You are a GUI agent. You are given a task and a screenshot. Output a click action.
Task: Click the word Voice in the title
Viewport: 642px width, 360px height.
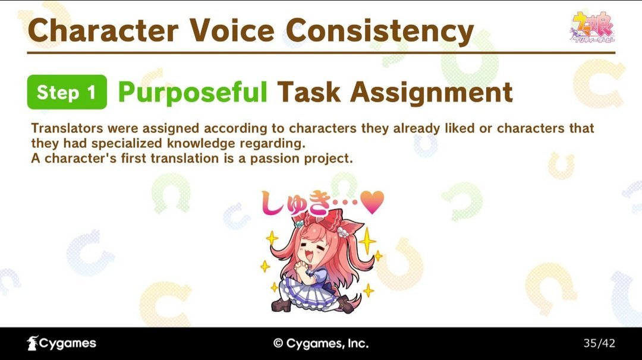232,31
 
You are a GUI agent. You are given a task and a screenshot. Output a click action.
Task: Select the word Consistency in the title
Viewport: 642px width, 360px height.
380,32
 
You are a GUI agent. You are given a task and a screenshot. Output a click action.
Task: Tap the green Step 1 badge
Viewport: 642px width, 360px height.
67,92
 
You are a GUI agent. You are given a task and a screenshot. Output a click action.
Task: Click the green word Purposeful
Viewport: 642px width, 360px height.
193,93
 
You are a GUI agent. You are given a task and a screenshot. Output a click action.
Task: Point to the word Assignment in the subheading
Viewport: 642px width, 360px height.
432,93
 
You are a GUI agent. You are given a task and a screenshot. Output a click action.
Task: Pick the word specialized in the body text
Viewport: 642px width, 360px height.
128,144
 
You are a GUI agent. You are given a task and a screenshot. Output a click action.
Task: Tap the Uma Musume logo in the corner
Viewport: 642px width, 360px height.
592,27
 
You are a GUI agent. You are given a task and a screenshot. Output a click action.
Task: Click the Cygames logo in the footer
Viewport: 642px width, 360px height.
61,343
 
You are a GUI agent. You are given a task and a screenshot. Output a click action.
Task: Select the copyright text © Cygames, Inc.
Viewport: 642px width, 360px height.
321,343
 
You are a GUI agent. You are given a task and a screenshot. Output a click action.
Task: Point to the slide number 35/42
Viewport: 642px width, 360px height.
599,343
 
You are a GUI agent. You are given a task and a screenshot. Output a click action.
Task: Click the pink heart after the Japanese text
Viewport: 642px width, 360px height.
372,201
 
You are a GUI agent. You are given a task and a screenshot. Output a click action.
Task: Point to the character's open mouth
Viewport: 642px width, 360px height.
309,255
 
